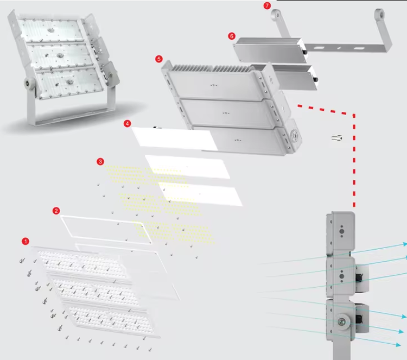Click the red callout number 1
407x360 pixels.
point(26,241)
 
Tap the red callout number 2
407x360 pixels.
point(56,211)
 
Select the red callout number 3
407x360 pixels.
point(100,162)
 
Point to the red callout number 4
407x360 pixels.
point(127,123)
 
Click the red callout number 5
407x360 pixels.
point(159,59)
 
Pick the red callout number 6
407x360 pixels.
point(232,36)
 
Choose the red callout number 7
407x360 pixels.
point(267,5)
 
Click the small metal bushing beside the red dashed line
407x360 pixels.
point(336,138)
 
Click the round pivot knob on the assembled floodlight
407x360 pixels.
point(29,84)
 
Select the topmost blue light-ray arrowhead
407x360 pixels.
point(405,244)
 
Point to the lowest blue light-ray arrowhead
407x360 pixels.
point(398,344)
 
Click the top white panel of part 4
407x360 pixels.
point(175,138)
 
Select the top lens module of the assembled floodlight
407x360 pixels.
point(50,30)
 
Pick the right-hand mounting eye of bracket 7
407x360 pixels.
point(379,14)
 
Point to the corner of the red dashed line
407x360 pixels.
point(354,115)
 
